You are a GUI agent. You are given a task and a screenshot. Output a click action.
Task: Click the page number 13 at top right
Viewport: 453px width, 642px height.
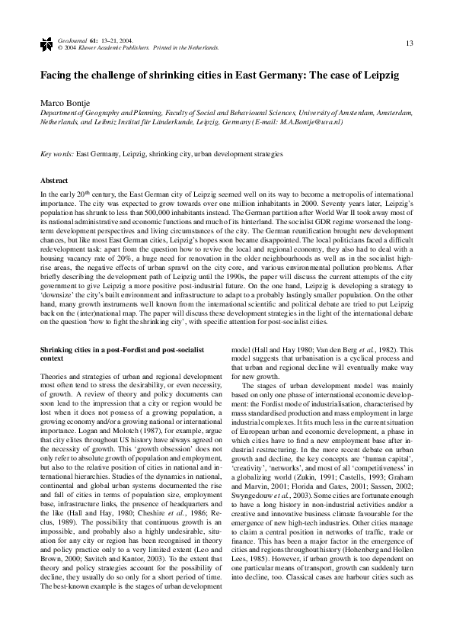point(410,42)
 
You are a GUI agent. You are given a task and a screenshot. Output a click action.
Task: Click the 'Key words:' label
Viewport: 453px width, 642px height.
point(57,153)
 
